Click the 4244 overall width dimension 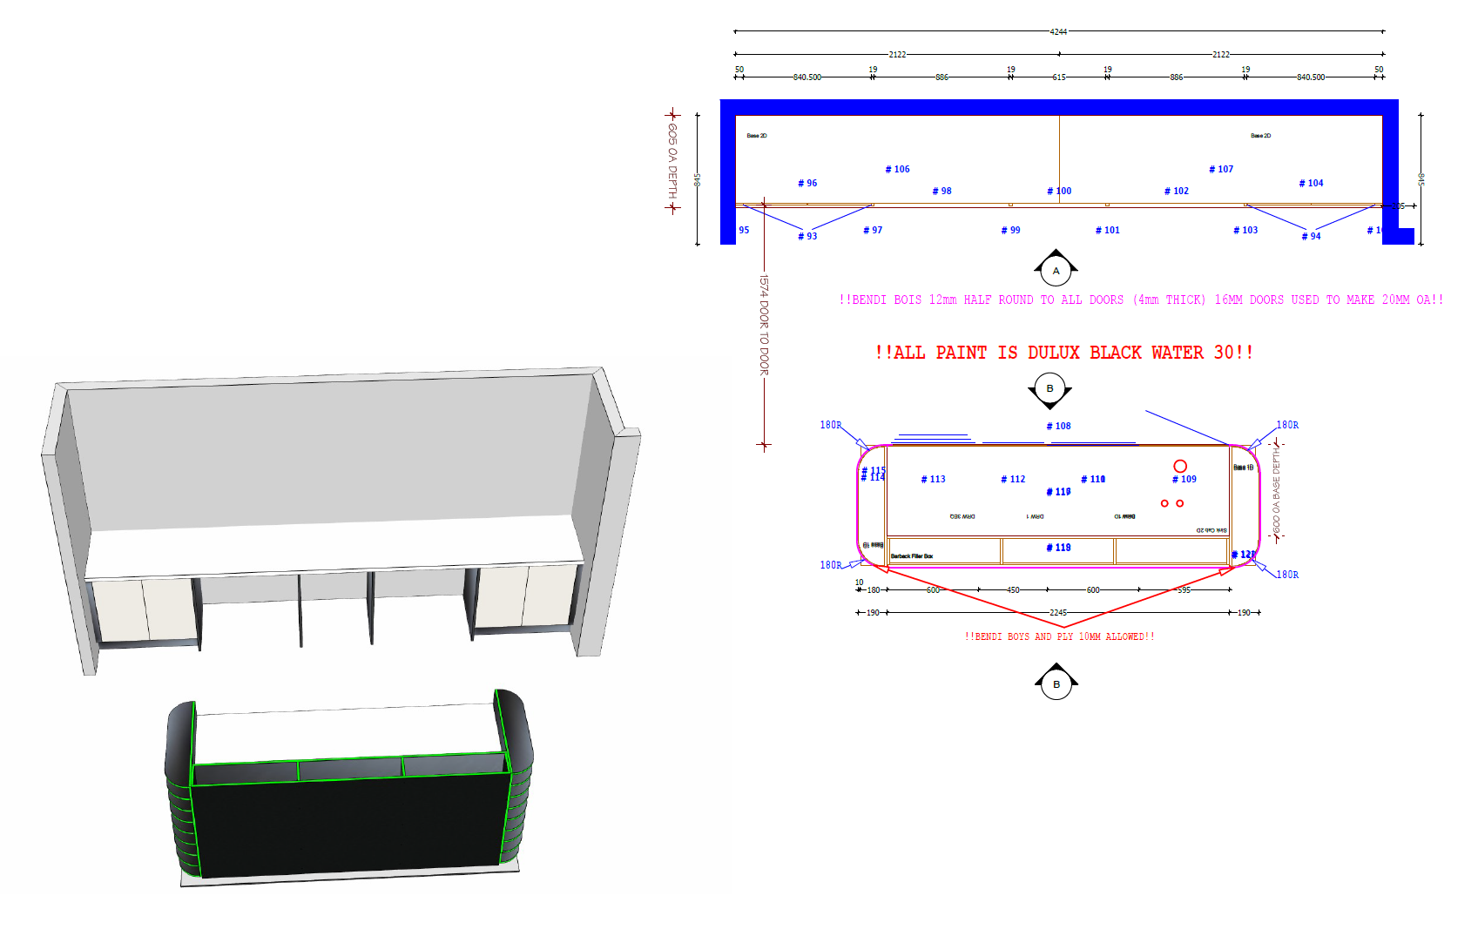pos(1058,31)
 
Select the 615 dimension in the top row pos(1058,77)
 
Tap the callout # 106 pos(897,170)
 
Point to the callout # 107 pos(1221,170)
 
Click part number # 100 pos(1059,192)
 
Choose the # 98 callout pos(941,192)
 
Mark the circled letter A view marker pos(1056,271)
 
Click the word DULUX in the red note pos(1053,353)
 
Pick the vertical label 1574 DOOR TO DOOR pos(764,326)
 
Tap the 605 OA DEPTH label pos(672,161)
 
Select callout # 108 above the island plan pos(1058,427)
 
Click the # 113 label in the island pos(933,480)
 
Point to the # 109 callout pos(1184,480)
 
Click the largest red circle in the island pos(1180,467)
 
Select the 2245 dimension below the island pos(1057,613)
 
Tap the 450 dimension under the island pos(1013,590)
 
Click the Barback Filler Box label pos(911,556)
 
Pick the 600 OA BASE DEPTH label pos(1277,493)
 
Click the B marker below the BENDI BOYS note pos(1056,684)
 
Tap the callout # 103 pos(1245,231)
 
